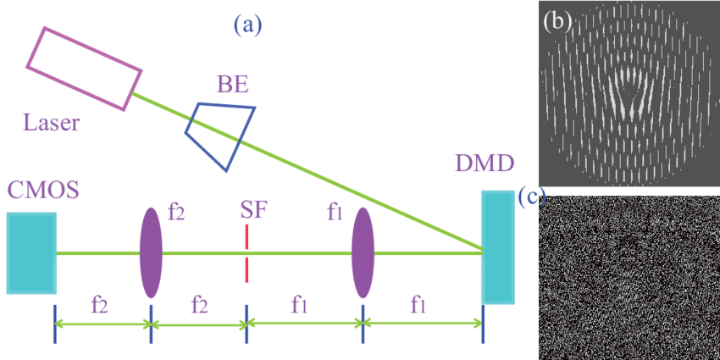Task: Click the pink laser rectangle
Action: pos(86,68)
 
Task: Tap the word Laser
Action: pos(52,124)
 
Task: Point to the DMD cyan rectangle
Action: pos(497,246)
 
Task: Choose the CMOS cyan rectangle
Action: pos(31,253)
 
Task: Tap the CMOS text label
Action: pos(42,190)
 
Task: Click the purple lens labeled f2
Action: pos(150,252)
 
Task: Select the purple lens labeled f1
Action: pos(363,252)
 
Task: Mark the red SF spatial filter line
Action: pos(246,253)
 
